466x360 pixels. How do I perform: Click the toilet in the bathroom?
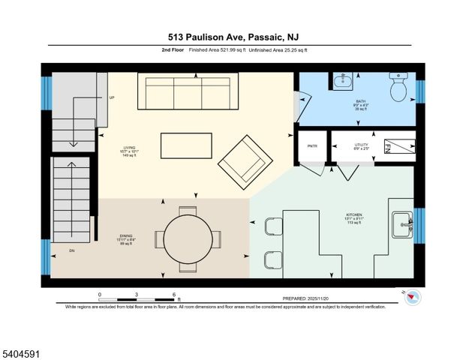point(398,89)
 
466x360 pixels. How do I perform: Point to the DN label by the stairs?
point(72,250)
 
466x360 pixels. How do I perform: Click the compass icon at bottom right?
point(411,297)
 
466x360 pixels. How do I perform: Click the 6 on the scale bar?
point(173,294)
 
